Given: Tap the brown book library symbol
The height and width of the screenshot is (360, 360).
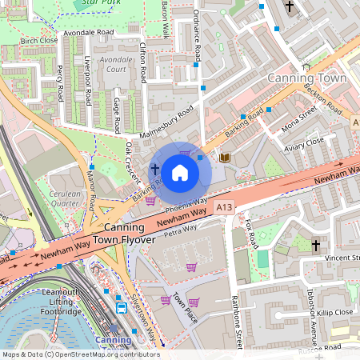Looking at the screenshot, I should (225, 158).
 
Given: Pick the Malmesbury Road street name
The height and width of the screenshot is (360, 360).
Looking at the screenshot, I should (166, 121).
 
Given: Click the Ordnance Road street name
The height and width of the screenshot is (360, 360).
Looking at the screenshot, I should (197, 38).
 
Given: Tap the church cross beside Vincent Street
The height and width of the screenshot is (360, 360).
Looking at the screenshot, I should (316, 244).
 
